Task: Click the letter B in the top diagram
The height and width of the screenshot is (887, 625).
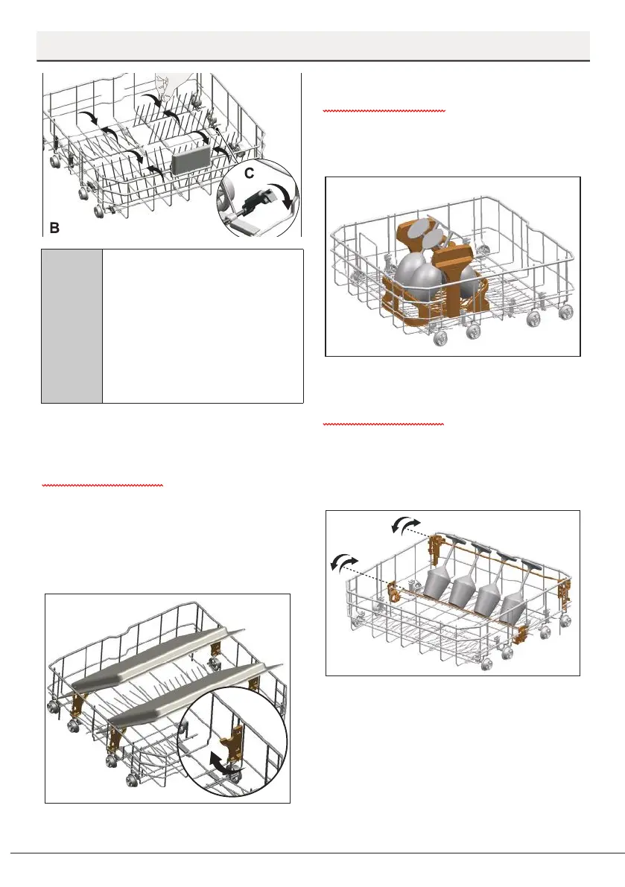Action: [x=55, y=225]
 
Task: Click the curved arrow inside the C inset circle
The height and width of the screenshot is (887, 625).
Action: [x=284, y=197]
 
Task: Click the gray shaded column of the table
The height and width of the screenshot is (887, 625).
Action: [x=72, y=325]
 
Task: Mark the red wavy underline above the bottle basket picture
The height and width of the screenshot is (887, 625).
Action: [x=384, y=110]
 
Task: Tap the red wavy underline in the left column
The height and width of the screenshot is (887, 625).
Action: [x=103, y=485]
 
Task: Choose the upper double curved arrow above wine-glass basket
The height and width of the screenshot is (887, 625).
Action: [x=406, y=527]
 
